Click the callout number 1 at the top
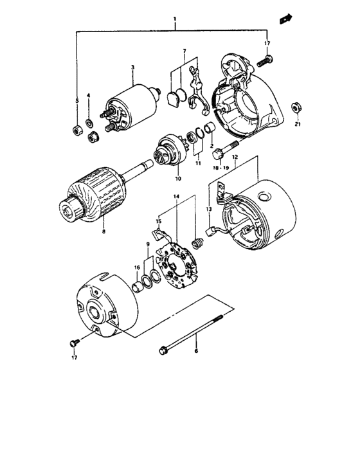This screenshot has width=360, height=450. [175, 23]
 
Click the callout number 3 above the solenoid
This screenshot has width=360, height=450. [132, 67]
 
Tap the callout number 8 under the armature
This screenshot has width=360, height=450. [103, 231]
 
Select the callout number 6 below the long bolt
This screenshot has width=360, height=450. [197, 352]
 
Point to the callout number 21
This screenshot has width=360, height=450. [297, 124]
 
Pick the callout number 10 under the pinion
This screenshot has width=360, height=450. [178, 178]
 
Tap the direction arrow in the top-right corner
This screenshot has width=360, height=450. [285, 21]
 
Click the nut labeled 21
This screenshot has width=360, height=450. [296, 106]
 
